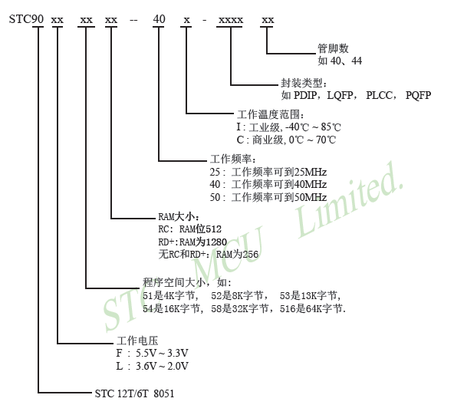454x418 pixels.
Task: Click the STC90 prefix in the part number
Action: click(x=26, y=19)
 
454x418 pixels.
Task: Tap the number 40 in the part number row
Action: click(x=159, y=19)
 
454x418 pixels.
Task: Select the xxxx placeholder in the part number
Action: click(x=231, y=20)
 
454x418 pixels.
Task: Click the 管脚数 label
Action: click(x=333, y=48)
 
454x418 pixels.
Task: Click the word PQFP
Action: click(x=418, y=95)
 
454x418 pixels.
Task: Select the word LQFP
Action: click(x=340, y=95)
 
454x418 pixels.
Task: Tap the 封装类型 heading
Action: click(x=301, y=83)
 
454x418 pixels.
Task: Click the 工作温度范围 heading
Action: click(x=268, y=114)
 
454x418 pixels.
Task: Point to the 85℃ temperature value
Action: click(x=331, y=127)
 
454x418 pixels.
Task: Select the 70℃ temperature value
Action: click(x=326, y=140)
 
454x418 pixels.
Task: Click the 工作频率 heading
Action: click(x=231, y=159)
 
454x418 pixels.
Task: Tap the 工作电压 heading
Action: click(x=137, y=341)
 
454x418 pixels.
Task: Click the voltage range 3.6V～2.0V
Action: click(x=162, y=366)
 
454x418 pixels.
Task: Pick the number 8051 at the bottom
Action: click(x=164, y=393)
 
